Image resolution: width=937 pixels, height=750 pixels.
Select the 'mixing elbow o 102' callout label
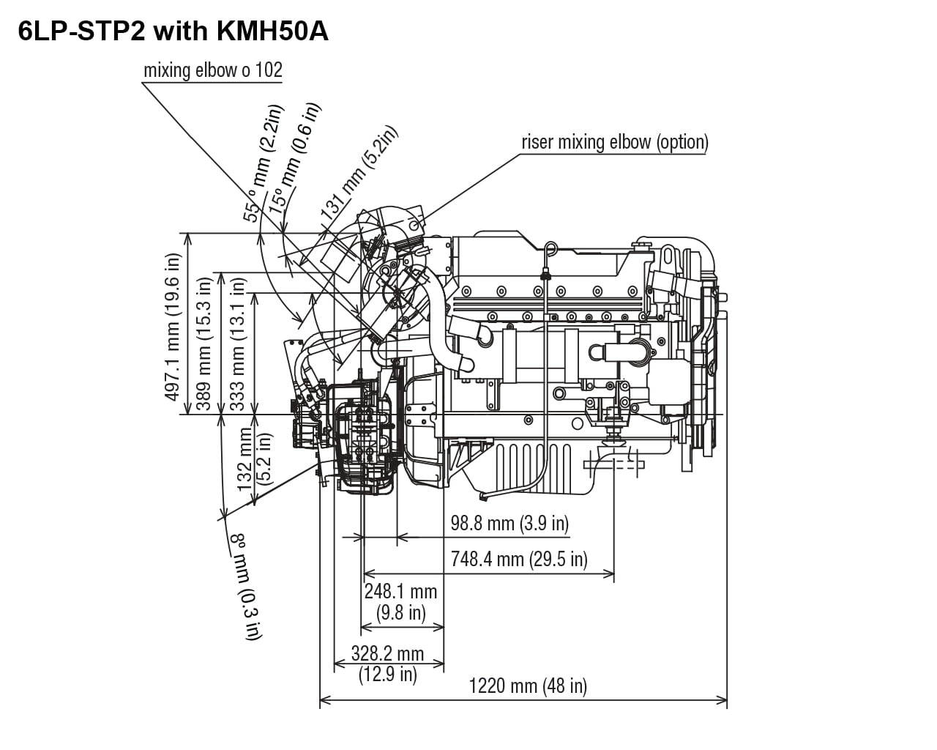pyautogui.click(x=212, y=70)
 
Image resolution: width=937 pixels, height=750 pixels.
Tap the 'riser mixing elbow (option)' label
pyautogui.click(x=614, y=141)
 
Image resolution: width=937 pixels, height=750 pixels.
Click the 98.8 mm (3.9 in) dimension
pyautogui.click(x=509, y=523)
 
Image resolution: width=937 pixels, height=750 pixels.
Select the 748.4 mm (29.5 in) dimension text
pyautogui.click(x=519, y=559)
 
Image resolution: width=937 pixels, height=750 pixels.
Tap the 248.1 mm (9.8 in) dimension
pyautogui.click(x=400, y=601)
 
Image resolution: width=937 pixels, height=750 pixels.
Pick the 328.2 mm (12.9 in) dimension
pyautogui.click(x=387, y=663)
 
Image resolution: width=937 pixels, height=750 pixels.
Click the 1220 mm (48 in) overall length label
pyautogui.click(x=527, y=686)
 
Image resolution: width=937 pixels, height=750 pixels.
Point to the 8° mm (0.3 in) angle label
pyautogui.click(x=246, y=586)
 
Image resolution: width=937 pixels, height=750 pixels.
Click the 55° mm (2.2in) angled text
pyautogui.click(x=262, y=163)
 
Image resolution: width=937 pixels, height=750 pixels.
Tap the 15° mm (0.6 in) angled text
pyautogui.click(x=294, y=157)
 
